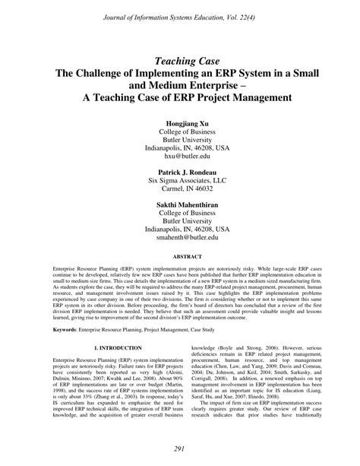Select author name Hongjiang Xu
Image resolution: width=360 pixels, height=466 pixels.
click(180, 122)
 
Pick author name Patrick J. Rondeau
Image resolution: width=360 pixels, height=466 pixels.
click(180, 173)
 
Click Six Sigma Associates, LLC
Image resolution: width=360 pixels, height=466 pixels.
click(180, 183)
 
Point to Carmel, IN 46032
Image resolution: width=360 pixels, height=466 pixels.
click(180, 193)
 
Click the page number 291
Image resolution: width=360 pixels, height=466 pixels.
click(180, 450)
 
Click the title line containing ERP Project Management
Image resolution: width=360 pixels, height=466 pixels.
click(180, 99)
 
